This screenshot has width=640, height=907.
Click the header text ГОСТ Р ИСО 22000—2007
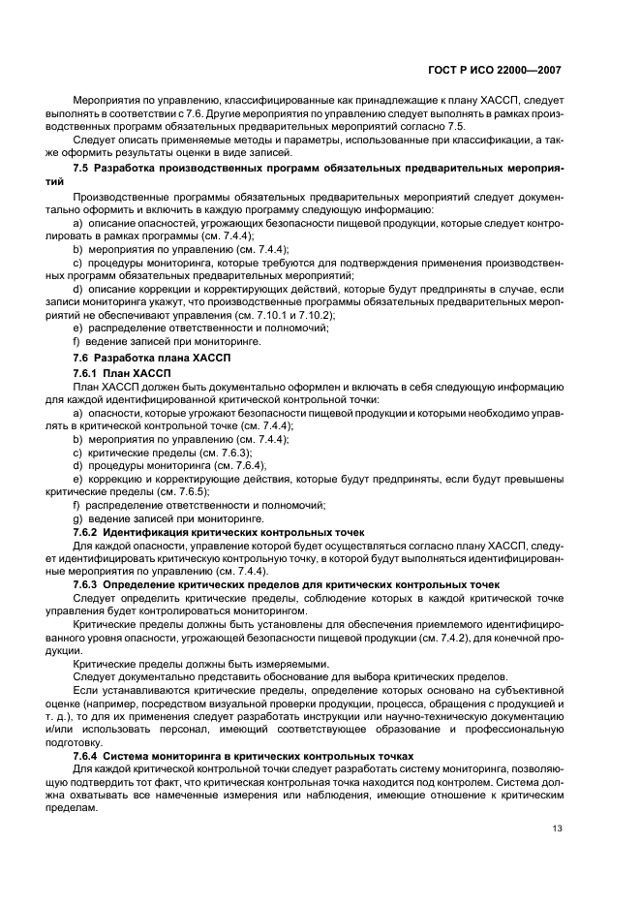[495, 71]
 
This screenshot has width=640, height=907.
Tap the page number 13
[558, 828]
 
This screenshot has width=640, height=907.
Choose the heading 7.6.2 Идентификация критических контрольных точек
[218, 532]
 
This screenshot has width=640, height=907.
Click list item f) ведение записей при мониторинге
[168, 342]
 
